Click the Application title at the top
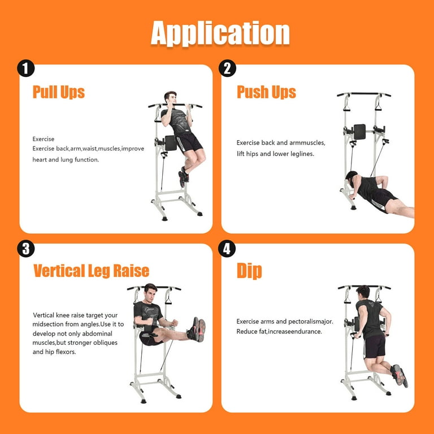(x=220, y=33)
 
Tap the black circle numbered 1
(x=26, y=68)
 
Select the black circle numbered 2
(x=227, y=68)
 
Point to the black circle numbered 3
(x=26, y=248)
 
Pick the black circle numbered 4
(x=227, y=248)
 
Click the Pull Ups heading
(x=59, y=92)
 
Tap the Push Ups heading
(x=266, y=92)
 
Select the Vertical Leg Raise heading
(x=92, y=271)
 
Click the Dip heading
(x=249, y=271)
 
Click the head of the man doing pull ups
(x=170, y=97)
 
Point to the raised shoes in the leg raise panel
(x=197, y=329)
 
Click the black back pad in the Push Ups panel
(x=359, y=132)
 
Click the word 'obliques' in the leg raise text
(x=105, y=342)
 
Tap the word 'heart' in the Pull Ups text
(x=40, y=160)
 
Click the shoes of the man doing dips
(x=399, y=376)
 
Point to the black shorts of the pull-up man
(x=189, y=142)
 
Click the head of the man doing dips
(x=363, y=292)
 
